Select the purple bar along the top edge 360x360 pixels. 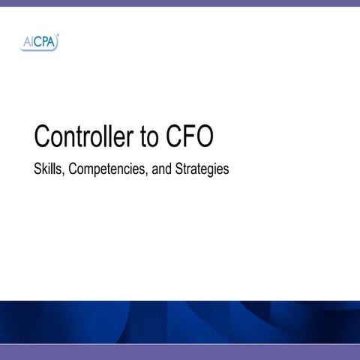pos(180,3)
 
